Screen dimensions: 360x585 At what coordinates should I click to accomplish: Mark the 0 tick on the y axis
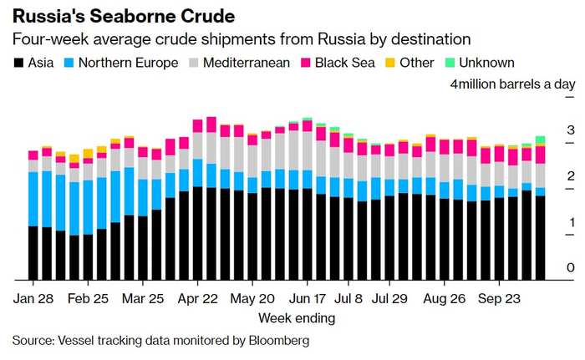point(570,268)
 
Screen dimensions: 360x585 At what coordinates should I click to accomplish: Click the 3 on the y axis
point(570,130)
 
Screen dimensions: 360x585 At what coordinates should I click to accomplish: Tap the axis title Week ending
point(297,318)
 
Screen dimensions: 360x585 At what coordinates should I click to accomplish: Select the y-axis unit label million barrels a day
point(514,84)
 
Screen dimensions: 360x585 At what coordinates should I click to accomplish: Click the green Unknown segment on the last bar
point(540,139)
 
